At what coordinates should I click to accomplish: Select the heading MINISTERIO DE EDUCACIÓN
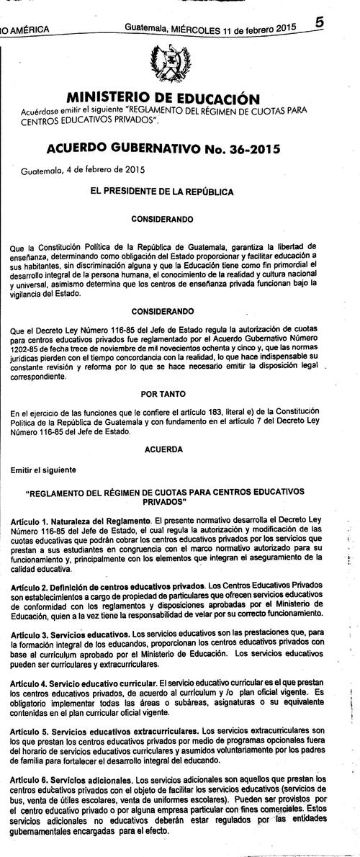(163, 98)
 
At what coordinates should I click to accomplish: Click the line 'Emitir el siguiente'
(43, 470)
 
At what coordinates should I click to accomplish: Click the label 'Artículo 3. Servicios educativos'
(71, 634)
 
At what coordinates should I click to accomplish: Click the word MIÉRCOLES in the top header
(198, 28)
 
